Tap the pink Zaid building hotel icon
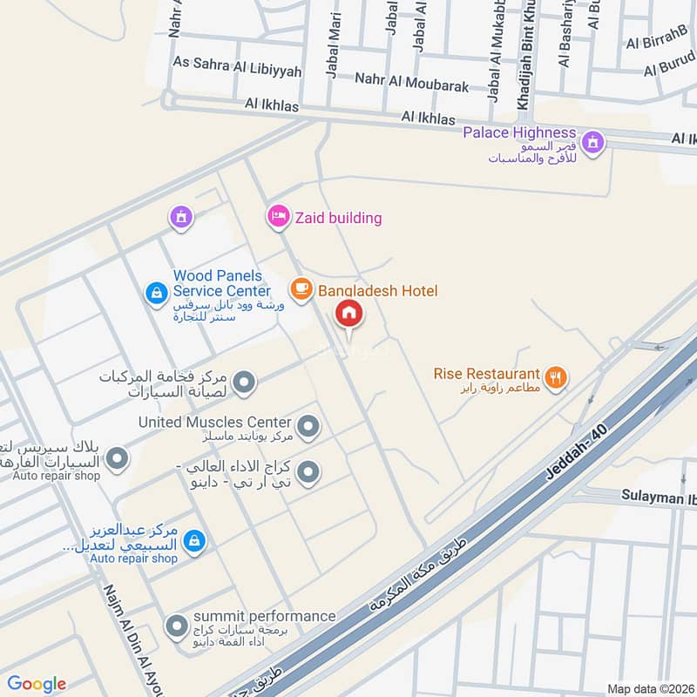click(278, 215)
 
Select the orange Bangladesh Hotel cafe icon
click(301, 289)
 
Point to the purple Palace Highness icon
click(592, 141)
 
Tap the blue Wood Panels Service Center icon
click(156, 292)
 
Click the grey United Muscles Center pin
click(308, 427)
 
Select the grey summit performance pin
click(177, 626)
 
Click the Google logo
click(37, 684)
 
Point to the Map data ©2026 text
click(649, 689)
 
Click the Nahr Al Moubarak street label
click(411, 85)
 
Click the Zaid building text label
click(338, 218)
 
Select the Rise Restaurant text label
click(486, 373)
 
